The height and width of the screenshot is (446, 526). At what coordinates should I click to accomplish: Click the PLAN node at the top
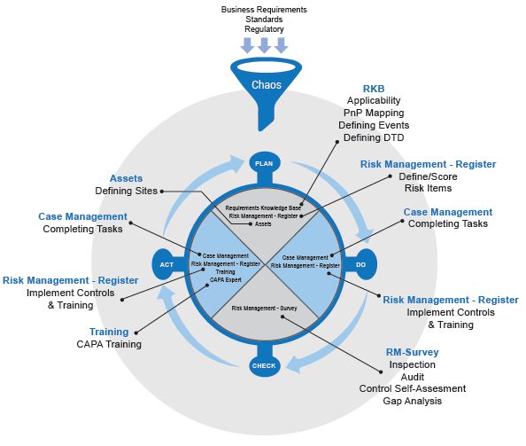[x=264, y=163]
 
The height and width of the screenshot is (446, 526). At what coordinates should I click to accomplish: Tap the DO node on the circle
[x=361, y=264]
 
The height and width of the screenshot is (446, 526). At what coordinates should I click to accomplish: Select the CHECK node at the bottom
[x=264, y=365]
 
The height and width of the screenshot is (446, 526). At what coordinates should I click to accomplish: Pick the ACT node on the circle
[x=166, y=264]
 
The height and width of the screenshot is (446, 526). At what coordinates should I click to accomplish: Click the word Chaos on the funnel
[x=267, y=84]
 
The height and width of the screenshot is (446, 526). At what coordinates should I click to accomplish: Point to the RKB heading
[x=374, y=89]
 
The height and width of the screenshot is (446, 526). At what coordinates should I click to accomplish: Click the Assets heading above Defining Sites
[x=126, y=178]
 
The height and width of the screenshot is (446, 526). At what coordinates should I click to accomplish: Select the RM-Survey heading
[x=413, y=352]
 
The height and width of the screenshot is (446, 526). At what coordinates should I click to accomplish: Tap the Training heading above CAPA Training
[x=109, y=332]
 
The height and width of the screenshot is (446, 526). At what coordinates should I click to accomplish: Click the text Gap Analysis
[x=413, y=401]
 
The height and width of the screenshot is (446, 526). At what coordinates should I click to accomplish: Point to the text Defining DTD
[x=374, y=137]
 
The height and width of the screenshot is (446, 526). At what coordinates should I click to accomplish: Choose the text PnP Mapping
[x=374, y=113]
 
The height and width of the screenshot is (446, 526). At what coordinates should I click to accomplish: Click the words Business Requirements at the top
[x=264, y=10]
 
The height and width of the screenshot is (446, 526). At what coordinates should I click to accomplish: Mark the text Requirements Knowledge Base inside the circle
[x=263, y=207]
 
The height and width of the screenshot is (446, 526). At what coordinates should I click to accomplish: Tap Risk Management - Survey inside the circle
[x=265, y=308]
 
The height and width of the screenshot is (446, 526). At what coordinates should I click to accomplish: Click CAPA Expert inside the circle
[x=226, y=280]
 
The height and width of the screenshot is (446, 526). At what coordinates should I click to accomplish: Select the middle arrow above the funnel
[x=264, y=45]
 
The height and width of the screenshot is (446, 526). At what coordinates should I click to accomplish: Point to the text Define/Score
[x=428, y=176]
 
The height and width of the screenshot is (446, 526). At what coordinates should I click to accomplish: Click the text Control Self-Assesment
[x=413, y=388]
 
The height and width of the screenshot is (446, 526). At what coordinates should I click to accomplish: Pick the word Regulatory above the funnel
[x=264, y=29]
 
